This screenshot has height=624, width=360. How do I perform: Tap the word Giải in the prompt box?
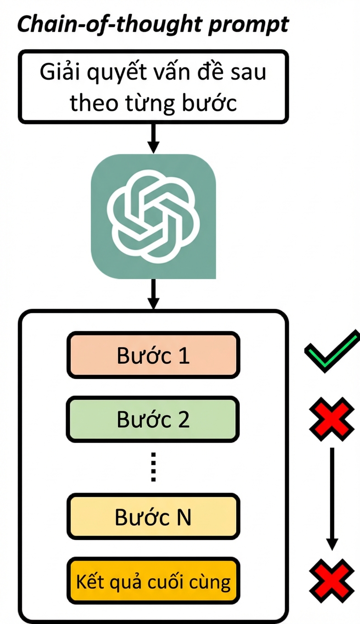tap(60, 72)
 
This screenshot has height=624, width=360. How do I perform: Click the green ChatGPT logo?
tap(153, 216)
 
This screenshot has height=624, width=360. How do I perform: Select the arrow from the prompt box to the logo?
tap(153, 139)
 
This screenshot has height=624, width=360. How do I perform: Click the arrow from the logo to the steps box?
tap(153, 294)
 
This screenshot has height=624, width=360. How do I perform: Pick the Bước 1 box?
tap(153, 355)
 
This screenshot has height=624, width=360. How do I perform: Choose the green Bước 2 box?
tap(153, 419)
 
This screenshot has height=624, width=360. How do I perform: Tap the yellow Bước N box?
tap(153, 517)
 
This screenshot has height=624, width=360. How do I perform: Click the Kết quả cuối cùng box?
tap(153, 581)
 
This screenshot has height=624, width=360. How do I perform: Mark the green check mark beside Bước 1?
tap(332, 351)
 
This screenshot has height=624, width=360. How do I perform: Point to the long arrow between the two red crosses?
tap(332, 499)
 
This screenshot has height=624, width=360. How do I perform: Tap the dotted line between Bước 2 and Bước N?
tap(153, 467)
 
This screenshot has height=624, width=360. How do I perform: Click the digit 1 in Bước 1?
tap(184, 356)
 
